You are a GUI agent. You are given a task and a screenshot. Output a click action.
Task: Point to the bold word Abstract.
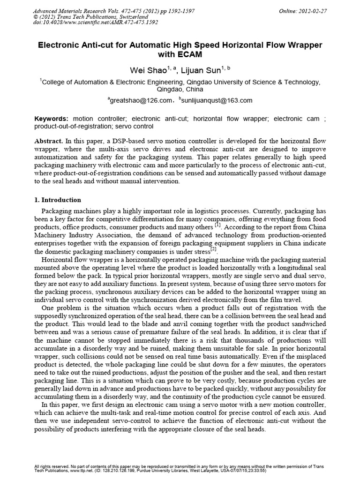[x=49, y=141]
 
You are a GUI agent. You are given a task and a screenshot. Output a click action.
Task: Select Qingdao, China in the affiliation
[x=180, y=89]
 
